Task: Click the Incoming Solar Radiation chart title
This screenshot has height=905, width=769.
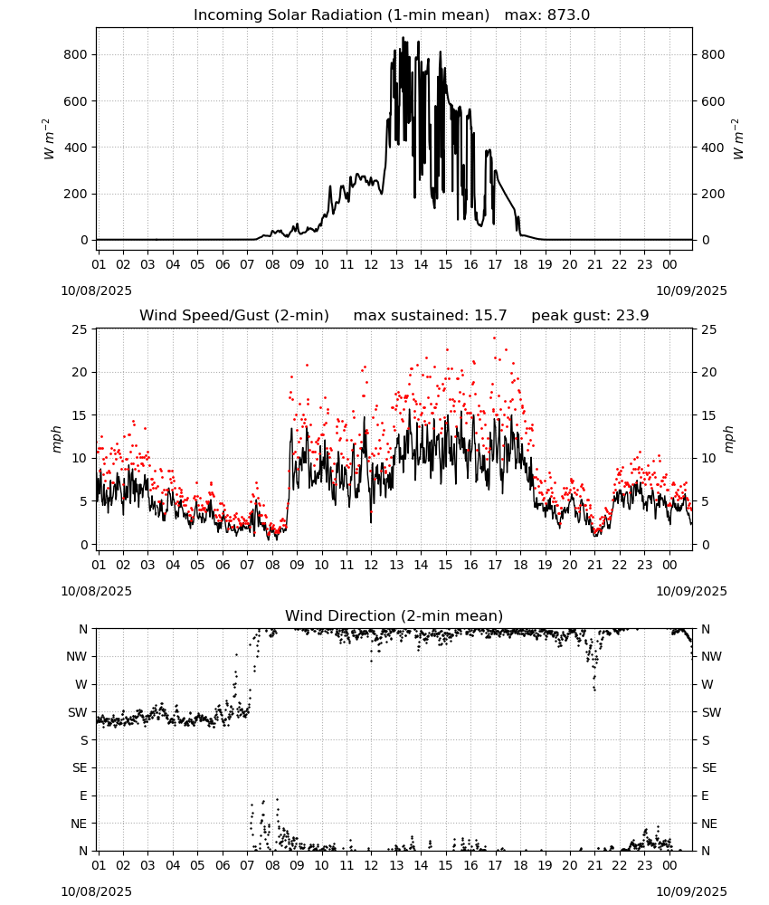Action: point(341,14)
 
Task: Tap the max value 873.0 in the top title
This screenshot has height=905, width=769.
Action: point(568,14)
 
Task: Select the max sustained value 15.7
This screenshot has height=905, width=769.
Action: point(490,315)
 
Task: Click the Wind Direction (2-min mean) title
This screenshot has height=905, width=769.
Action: point(394,615)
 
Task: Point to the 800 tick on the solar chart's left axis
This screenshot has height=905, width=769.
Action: point(76,54)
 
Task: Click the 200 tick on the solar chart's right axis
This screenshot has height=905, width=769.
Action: point(713,194)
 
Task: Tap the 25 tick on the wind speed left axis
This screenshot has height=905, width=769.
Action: point(80,329)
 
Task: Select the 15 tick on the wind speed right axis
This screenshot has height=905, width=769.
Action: point(709,415)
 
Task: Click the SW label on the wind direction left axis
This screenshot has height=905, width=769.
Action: point(78,712)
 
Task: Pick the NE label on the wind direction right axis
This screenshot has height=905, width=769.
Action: point(709,824)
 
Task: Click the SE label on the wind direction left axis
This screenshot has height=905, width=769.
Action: point(80,767)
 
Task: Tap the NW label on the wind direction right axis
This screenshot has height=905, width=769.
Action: point(711,656)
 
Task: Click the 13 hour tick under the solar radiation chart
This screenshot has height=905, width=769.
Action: point(396,264)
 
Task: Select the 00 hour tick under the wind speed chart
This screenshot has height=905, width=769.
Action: point(669,565)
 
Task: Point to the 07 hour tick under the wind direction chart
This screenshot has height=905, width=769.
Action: point(247,866)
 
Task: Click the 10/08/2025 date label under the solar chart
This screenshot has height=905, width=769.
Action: point(96,291)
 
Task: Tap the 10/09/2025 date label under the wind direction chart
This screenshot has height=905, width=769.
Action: point(692,891)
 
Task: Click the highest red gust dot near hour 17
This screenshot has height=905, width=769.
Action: point(494,338)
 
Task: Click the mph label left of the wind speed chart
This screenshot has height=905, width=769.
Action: point(56,439)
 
